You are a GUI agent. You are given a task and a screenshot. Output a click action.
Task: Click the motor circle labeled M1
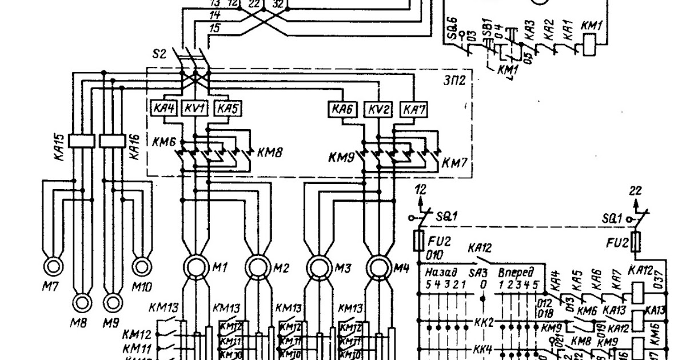pyautogui.click(x=196, y=266)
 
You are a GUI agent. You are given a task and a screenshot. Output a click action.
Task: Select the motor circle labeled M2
pyautogui.click(x=259, y=266)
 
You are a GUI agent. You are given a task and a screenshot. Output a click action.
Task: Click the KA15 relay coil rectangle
pyautogui.click(x=81, y=140)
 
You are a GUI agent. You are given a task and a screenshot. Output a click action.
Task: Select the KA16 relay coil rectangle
pyautogui.click(x=112, y=140)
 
